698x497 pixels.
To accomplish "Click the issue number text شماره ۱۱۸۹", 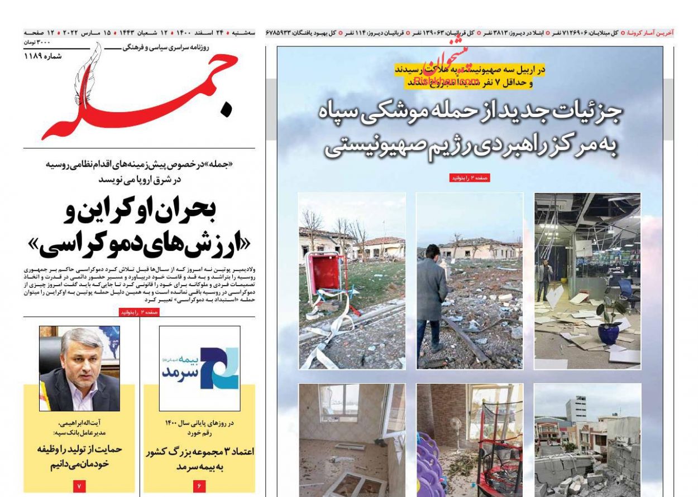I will [x=43, y=56].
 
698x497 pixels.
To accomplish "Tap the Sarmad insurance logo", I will [x=199, y=368].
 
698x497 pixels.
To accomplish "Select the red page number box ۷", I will [x=79, y=486].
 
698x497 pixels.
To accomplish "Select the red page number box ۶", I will [x=199, y=486].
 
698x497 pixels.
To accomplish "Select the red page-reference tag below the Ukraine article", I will [x=139, y=313].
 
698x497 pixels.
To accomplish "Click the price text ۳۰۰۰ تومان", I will [x=37, y=43].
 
